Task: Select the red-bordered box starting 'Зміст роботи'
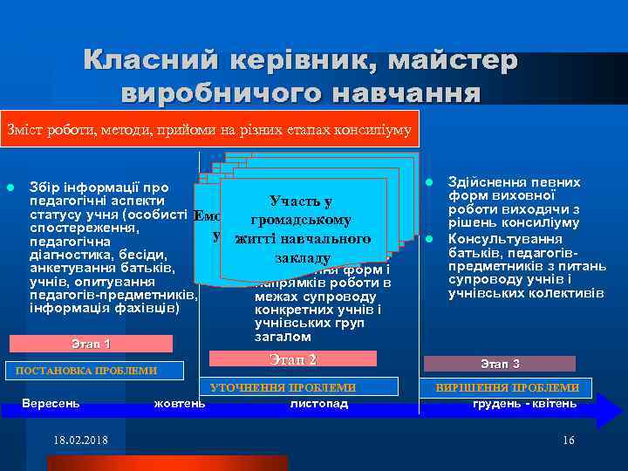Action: coord(209,129)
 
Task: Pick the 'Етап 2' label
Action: coord(293,359)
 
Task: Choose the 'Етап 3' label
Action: coord(500,364)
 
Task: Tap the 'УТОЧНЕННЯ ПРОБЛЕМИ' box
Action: coord(283,387)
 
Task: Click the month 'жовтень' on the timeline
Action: coord(180,403)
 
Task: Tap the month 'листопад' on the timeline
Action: coord(318,403)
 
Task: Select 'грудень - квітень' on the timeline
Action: coord(524,403)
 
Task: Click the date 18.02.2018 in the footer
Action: coord(80,440)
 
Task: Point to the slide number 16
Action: coord(569,440)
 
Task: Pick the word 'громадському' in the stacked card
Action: coord(299,220)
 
